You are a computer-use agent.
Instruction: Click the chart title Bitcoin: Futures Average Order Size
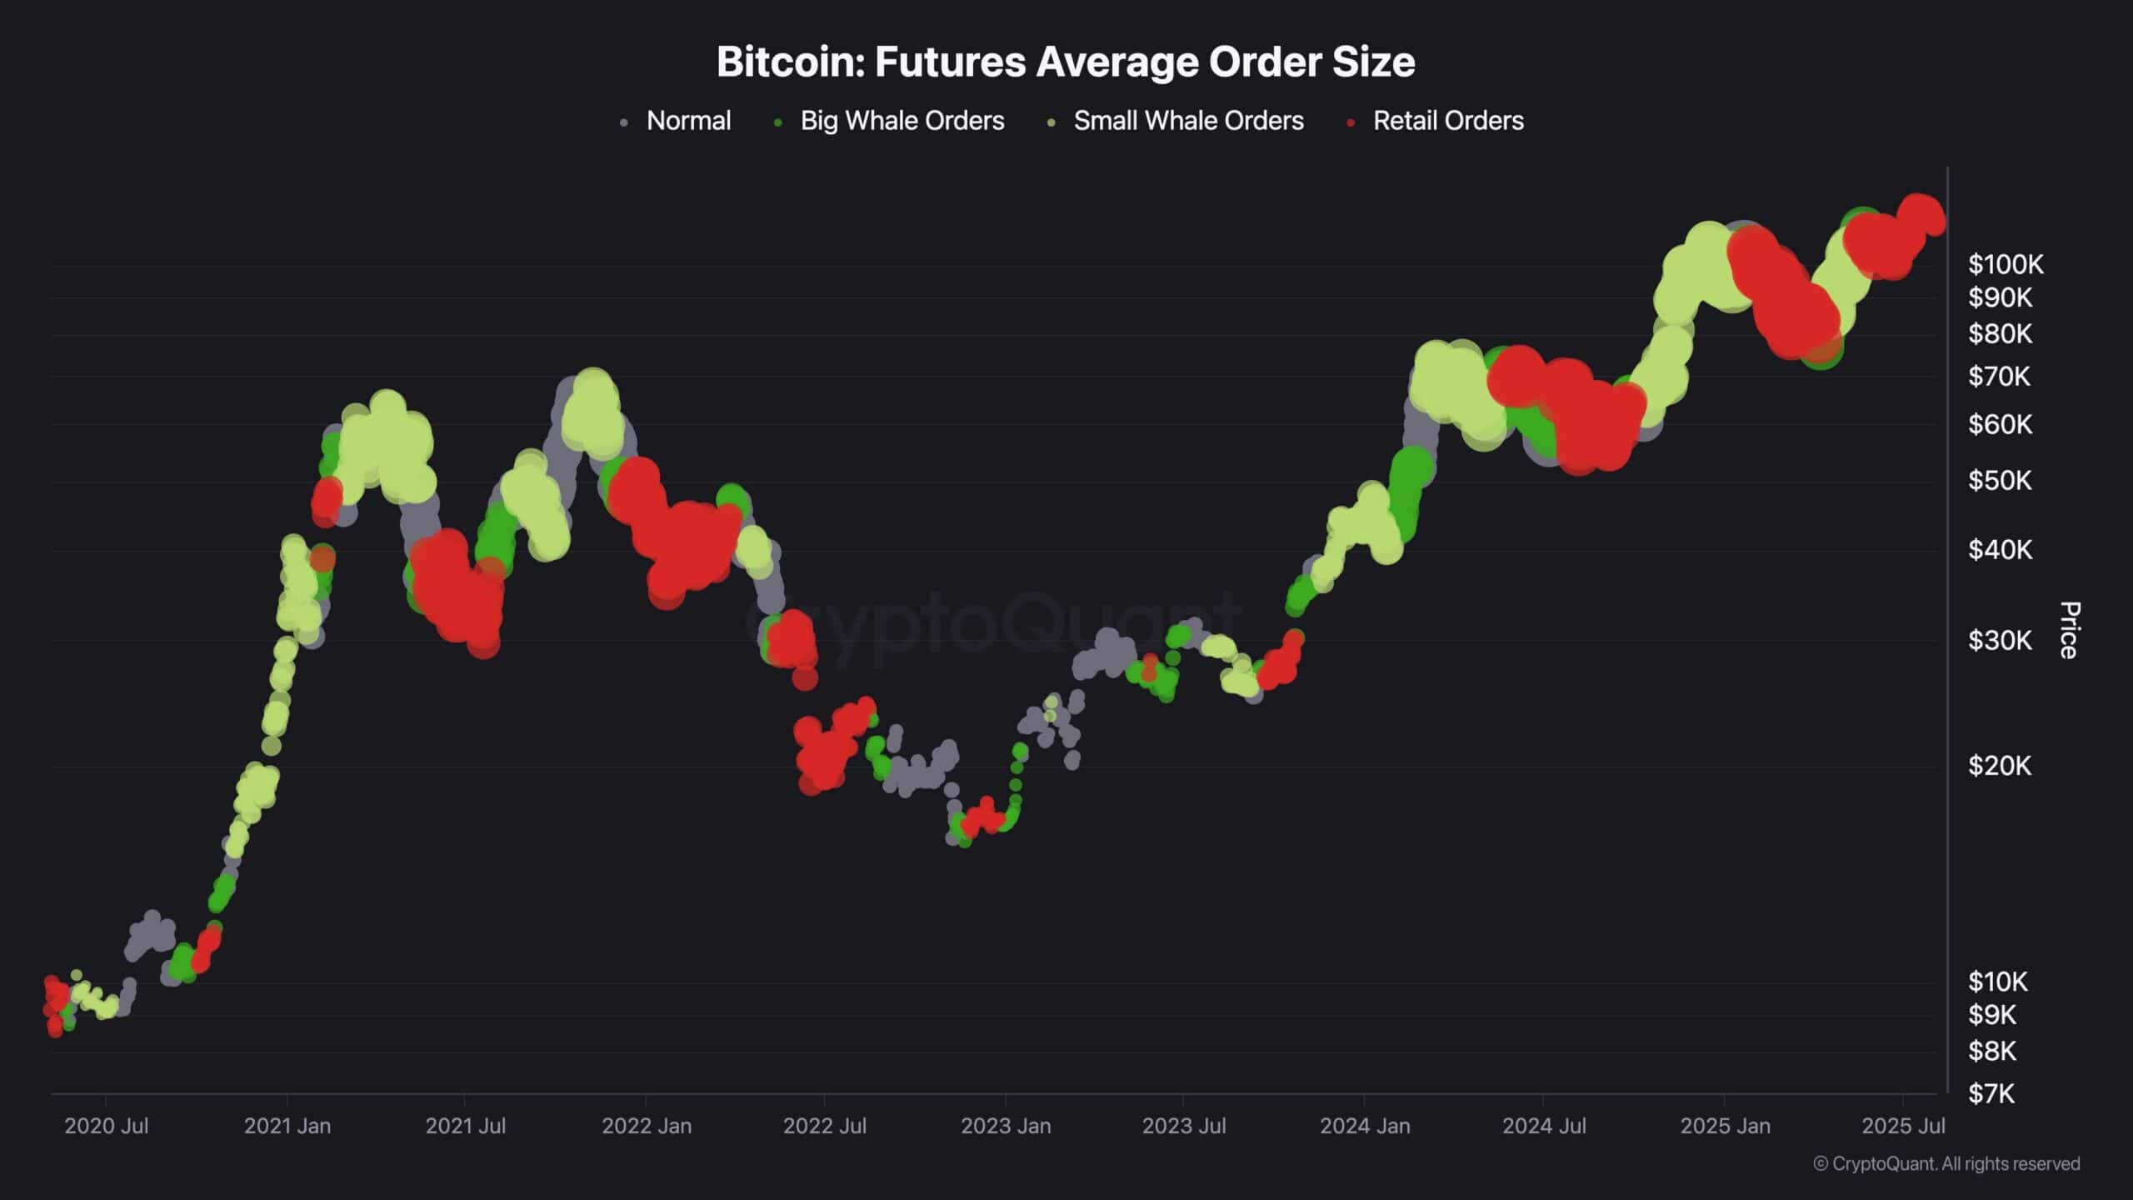coord(1066,62)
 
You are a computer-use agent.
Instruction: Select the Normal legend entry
coord(687,121)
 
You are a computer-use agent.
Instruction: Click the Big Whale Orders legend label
coord(902,121)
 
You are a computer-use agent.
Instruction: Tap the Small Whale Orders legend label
coord(1187,121)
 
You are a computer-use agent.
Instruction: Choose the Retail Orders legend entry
coord(1447,121)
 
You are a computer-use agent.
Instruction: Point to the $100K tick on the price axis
coord(2005,265)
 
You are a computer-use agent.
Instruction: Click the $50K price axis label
coord(2000,481)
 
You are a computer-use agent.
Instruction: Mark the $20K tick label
coord(2000,766)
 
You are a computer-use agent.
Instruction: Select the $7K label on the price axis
coord(1991,1093)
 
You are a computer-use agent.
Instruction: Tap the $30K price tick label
coord(2000,641)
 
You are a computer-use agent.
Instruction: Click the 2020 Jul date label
coord(107,1126)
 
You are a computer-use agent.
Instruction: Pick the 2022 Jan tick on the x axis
coord(647,1126)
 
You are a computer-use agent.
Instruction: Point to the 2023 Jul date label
coord(1183,1126)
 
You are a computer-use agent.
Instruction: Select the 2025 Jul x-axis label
coord(1903,1126)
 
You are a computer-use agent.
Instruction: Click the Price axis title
coord(2069,630)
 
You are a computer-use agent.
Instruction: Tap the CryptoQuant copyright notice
coord(1946,1164)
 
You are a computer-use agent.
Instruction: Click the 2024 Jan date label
coord(1365,1126)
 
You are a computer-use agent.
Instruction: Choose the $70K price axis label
coord(1999,377)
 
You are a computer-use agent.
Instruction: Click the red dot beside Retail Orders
coord(1351,122)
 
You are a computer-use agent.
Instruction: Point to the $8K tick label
coord(1991,1052)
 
